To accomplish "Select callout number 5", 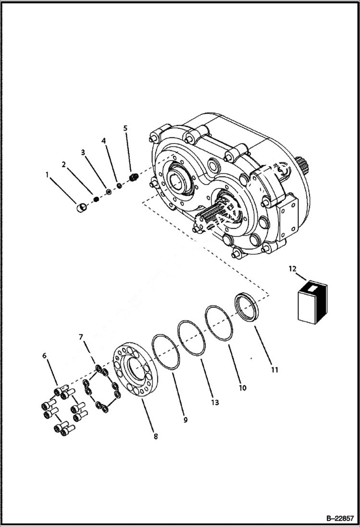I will point(125,128).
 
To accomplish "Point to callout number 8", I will point(155,437).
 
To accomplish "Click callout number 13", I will point(215,403).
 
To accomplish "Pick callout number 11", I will point(274,370).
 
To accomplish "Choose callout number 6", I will point(45,355).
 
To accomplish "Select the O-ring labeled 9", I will point(165,352).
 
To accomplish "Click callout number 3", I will point(83,152).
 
